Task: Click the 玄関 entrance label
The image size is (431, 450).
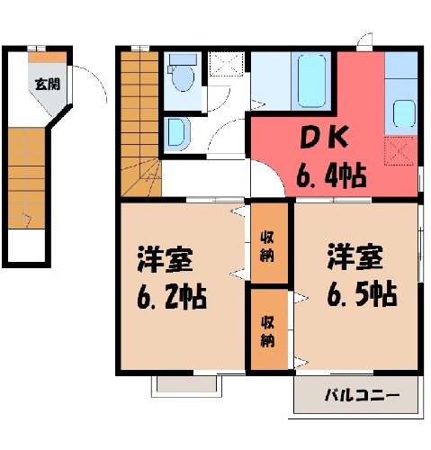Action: (x=48, y=84)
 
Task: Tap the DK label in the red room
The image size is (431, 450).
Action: (x=325, y=138)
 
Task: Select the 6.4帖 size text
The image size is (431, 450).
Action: (x=331, y=175)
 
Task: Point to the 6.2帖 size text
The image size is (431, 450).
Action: (x=172, y=297)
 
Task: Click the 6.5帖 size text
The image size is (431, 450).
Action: (x=362, y=294)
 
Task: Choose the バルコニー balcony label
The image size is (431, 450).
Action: (x=362, y=395)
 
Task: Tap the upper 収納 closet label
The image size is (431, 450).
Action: (x=267, y=247)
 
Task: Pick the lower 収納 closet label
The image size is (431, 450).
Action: (x=267, y=332)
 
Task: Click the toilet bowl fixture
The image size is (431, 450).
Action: (x=182, y=73)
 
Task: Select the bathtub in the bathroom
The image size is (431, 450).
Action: (x=311, y=81)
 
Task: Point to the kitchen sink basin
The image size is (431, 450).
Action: (x=404, y=113)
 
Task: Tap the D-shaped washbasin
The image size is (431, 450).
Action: (x=177, y=134)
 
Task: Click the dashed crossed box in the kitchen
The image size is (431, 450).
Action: (x=400, y=150)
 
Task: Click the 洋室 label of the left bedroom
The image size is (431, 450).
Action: (x=165, y=259)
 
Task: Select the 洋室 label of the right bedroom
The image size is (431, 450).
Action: (x=355, y=257)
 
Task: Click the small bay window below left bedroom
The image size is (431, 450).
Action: (x=186, y=386)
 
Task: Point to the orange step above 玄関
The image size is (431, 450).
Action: (x=48, y=58)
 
